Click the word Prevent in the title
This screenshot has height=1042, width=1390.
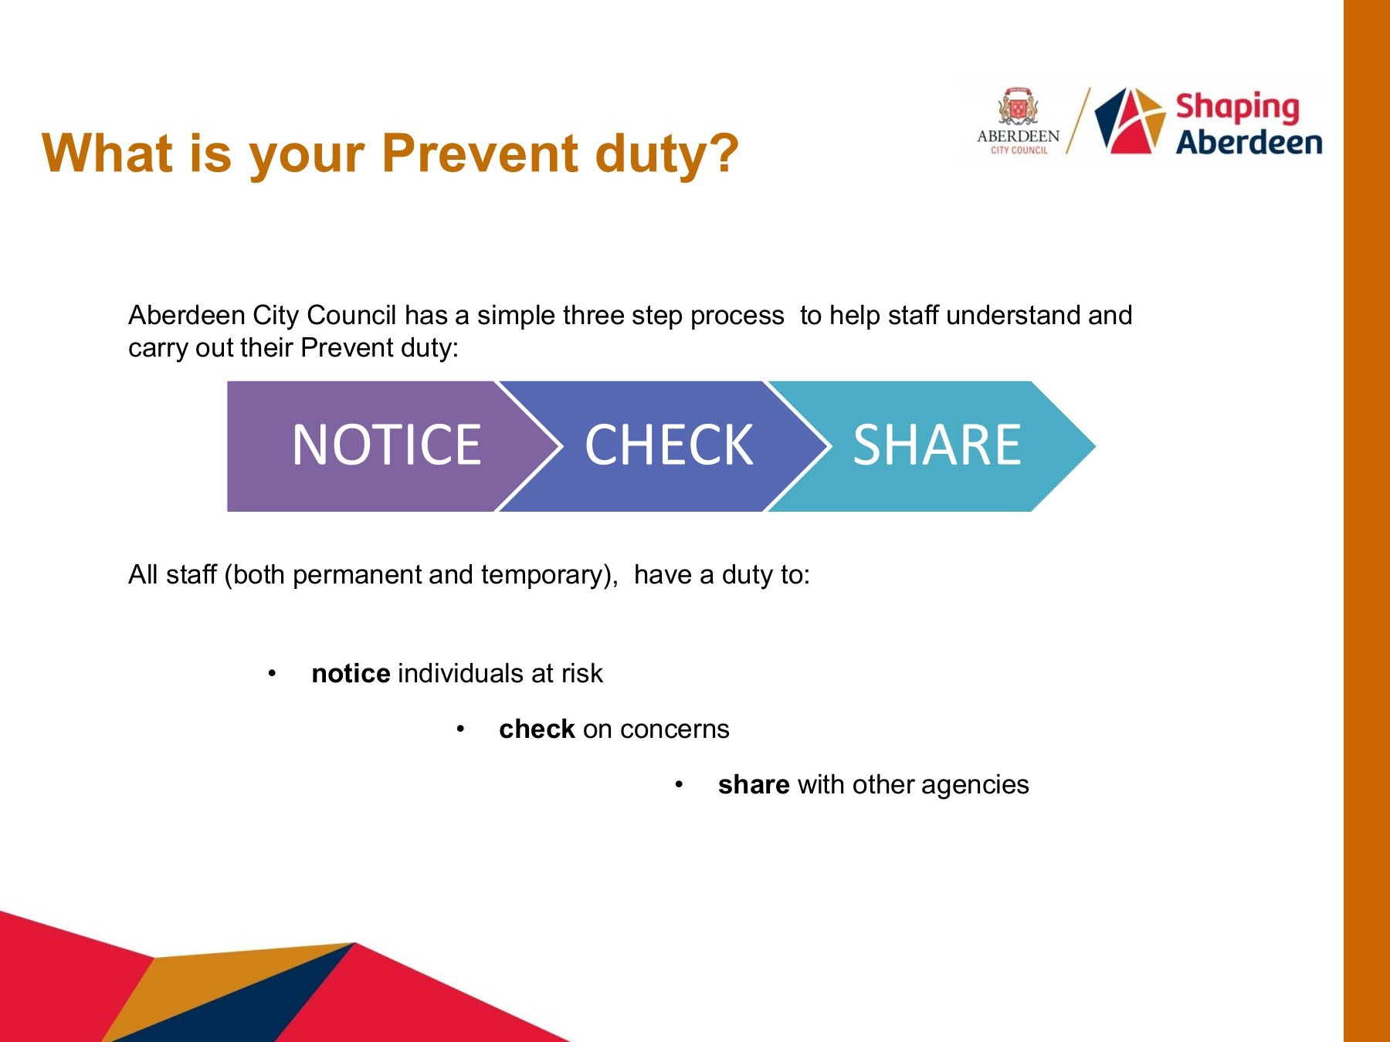(x=480, y=153)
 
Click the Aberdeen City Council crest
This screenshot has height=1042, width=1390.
(x=1018, y=107)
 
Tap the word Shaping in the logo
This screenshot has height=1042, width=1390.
(x=1237, y=108)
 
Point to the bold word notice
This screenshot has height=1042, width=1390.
(x=351, y=673)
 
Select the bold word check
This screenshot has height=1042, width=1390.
(x=537, y=729)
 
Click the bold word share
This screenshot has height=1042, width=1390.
(x=754, y=784)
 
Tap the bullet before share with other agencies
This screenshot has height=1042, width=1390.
(x=679, y=785)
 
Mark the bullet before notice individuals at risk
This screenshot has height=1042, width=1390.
(x=272, y=674)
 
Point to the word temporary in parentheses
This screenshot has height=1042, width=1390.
(x=548, y=576)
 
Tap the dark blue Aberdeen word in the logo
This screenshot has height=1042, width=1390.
(x=1249, y=143)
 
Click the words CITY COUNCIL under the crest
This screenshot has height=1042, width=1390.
(x=1019, y=151)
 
